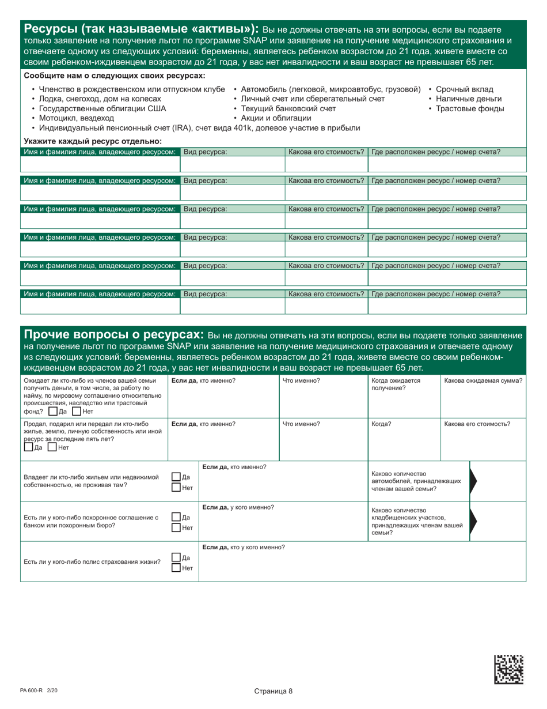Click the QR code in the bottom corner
pos(509,669)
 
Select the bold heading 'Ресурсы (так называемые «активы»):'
pos(140,29)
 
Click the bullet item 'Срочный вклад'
pos(464,89)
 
